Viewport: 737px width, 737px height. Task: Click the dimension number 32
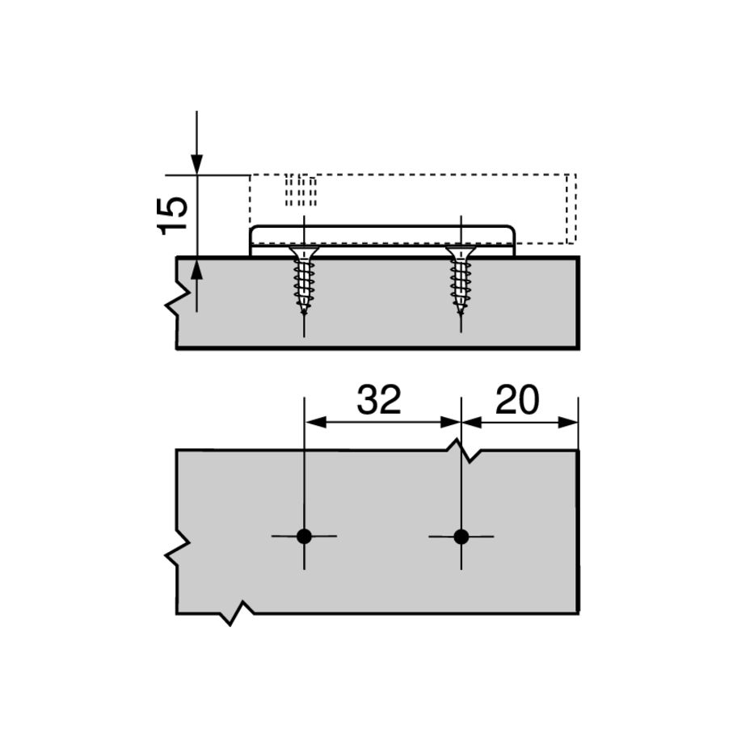(x=379, y=399)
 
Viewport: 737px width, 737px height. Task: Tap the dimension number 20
(x=517, y=399)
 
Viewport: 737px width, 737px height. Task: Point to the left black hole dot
(x=304, y=537)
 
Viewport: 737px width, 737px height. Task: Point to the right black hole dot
(x=461, y=537)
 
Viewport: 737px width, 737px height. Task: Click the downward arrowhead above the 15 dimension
(x=196, y=165)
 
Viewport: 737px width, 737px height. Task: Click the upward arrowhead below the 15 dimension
(x=196, y=269)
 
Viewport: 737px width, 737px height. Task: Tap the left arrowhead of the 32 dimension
(x=316, y=422)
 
